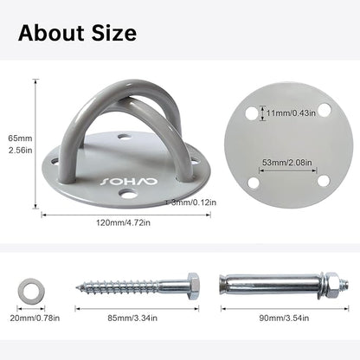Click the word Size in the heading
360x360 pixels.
114,33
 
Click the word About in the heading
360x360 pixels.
52,33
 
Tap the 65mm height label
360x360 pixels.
20,138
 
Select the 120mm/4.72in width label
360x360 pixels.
123,222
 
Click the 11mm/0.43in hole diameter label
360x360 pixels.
291,113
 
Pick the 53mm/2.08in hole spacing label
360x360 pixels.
287,163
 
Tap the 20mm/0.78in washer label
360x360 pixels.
35,318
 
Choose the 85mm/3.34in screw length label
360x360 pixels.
132,318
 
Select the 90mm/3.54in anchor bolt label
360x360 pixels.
284,318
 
